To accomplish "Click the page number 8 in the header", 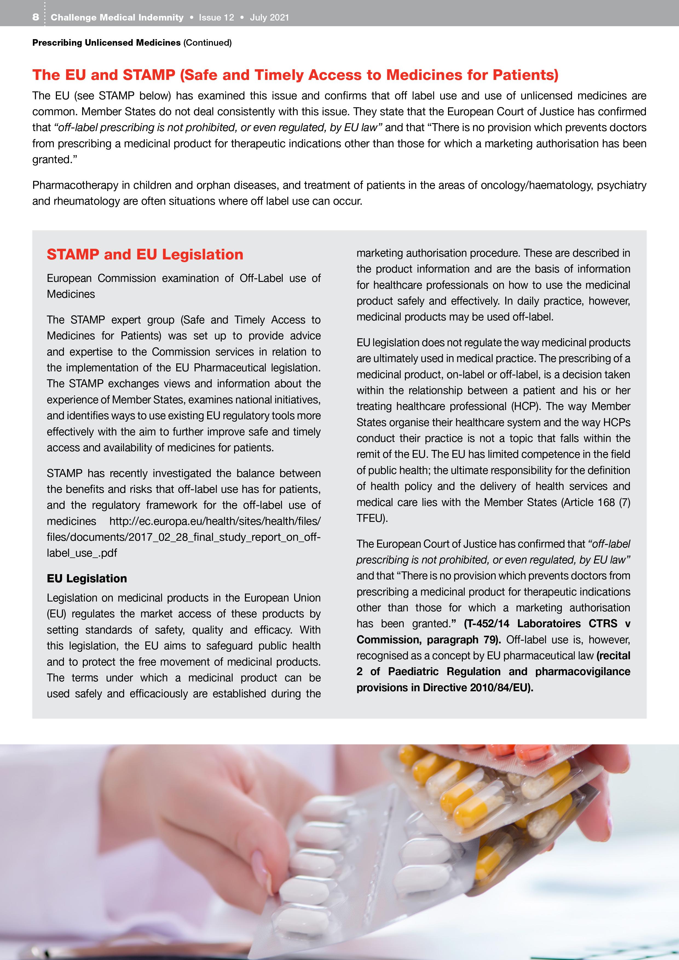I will point(36,17).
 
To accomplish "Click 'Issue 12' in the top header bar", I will point(216,18).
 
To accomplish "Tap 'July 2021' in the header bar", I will point(269,18).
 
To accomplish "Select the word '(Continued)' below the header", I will point(207,43).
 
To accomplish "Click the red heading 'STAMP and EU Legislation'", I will point(145,254).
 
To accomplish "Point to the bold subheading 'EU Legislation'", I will point(86,578).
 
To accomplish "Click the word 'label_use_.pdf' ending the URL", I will point(82,553).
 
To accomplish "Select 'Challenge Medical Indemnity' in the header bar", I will point(117,18).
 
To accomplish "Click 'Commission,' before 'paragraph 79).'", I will point(388,640).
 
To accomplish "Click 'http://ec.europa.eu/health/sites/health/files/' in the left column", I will point(215,521).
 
